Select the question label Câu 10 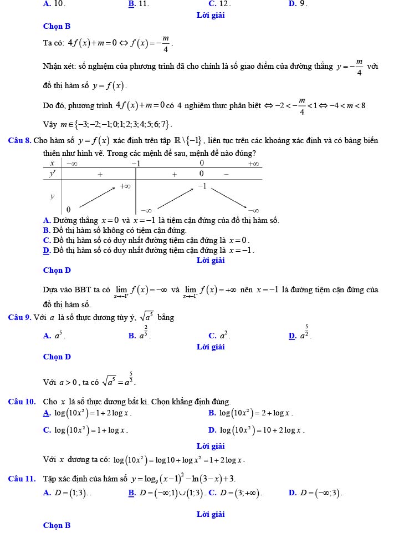tap(22, 402)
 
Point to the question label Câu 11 tap(22, 479)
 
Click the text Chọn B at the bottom tap(57, 525)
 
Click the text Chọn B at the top tap(57, 26)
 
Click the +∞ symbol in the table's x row tap(253, 163)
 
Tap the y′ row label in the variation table tap(53, 174)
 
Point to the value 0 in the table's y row tap(68, 209)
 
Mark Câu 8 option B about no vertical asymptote tap(115, 230)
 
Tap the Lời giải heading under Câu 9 tap(211, 347)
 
